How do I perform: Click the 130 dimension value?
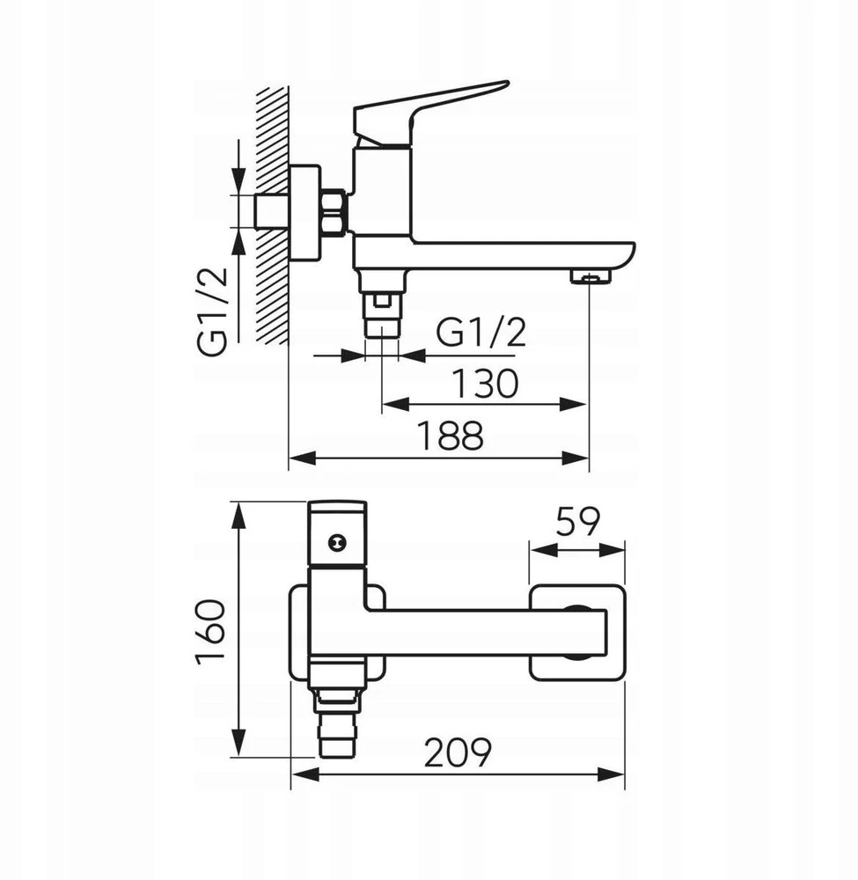(485, 384)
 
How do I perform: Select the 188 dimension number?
(451, 436)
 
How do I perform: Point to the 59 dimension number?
(578, 522)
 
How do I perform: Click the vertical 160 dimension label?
(210, 632)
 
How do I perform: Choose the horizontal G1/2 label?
(481, 334)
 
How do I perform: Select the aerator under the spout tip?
(590, 276)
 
